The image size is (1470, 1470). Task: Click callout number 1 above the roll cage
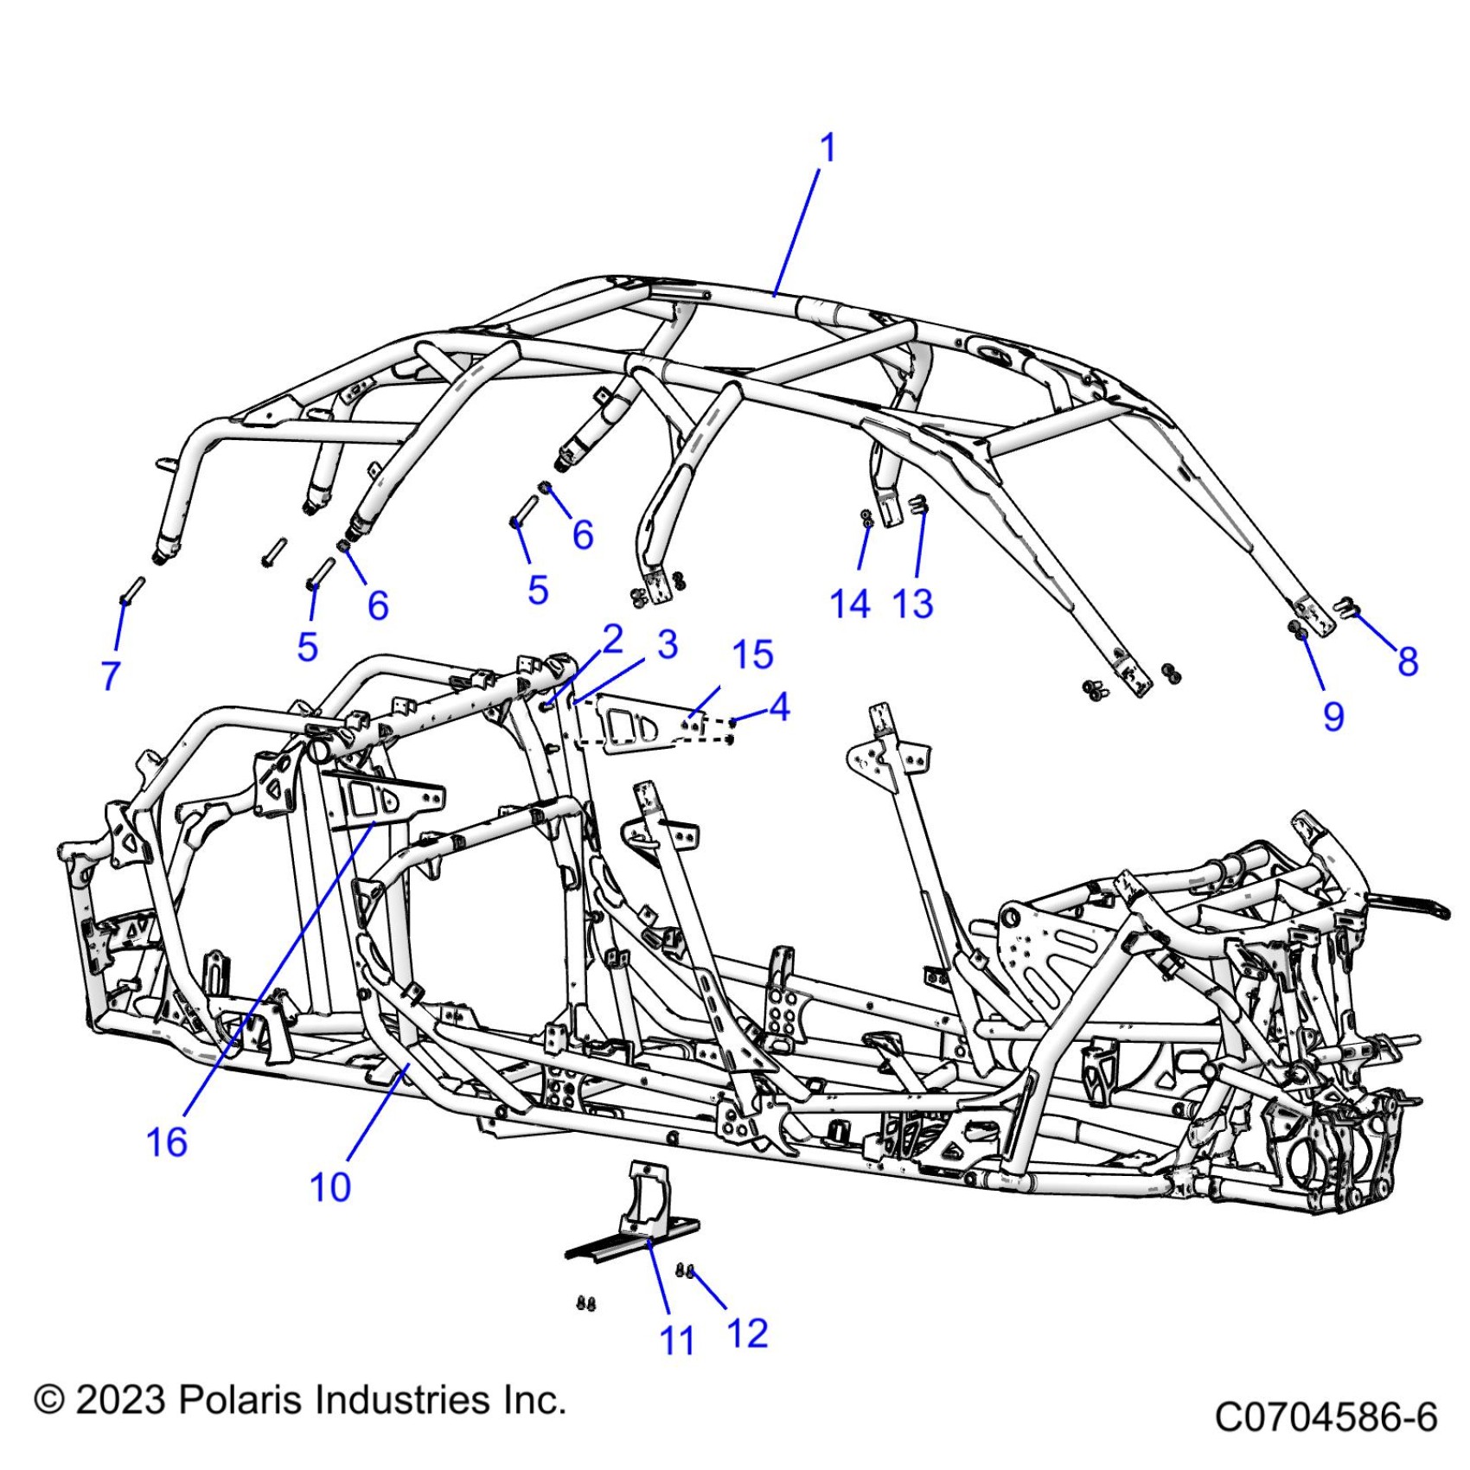click(x=828, y=148)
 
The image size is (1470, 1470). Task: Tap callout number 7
click(x=111, y=675)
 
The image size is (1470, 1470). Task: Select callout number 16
click(x=167, y=1142)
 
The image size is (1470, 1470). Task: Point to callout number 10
click(x=330, y=1187)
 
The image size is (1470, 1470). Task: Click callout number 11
click(x=677, y=1341)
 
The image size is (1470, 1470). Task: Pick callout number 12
click(x=747, y=1333)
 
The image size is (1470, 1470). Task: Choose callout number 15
click(x=752, y=655)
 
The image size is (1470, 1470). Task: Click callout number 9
click(x=1333, y=716)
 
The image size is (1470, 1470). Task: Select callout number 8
click(x=1408, y=661)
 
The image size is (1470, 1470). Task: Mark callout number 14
click(x=850, y=603)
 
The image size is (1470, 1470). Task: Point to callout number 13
click(x=913, y=603)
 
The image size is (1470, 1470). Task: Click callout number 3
click(x=667, y=644)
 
